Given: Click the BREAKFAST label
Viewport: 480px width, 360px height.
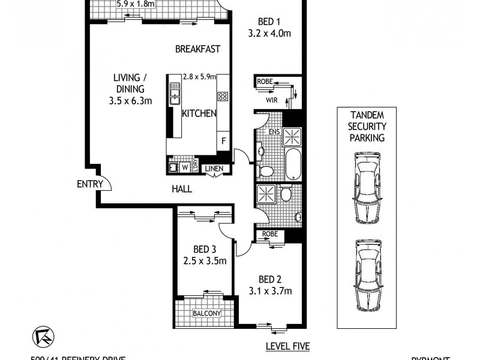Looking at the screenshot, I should pyautogui.click(x=198, y=49).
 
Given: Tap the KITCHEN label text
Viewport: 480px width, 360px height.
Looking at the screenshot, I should pyautogui.click(x=199, y=113).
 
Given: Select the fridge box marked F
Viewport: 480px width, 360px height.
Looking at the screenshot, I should pyautogui.click(x=224, y=141).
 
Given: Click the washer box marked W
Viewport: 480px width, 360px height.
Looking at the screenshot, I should pyautogui.click(x=185, y=167).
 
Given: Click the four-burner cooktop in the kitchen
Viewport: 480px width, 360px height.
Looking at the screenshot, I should pyautogui.click(x=222, y=95).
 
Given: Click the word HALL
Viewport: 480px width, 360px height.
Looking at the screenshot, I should pyautogui.click(x=181, y=189).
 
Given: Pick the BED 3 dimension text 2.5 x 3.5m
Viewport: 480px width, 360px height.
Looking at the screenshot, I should pyautogui.click(x=205, y=260).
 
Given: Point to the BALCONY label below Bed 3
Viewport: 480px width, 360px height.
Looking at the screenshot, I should pyautogui.click(x=207, y=313).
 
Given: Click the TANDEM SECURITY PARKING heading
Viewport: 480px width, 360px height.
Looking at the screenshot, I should pyautogui.click(x=368, y=126).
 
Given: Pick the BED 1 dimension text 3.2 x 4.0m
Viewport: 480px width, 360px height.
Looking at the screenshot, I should pyautogui.click(x=269, y=34).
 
